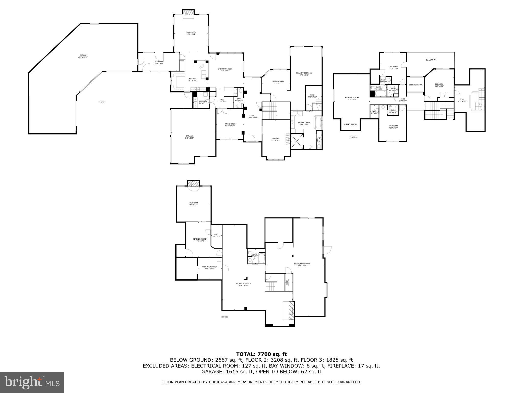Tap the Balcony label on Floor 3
431,60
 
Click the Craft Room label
350,124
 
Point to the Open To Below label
415,85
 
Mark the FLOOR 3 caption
353,137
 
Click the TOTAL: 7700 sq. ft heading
261,354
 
